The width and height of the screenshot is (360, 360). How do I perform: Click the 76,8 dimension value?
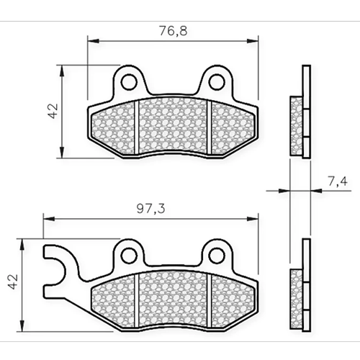click(x=174, y=32)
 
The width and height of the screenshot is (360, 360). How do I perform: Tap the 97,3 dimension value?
click(x=151, y=209)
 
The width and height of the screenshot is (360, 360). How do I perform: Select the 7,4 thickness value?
click(x=338, y=181)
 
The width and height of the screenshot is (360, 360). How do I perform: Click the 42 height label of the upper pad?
click(x=53, y=111)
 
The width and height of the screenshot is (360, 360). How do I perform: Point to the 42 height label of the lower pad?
click(x=13, y=282)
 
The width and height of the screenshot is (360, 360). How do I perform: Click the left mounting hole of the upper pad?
click(x=130, y=82)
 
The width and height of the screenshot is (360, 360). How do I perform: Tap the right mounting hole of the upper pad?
click(x=217, y=82)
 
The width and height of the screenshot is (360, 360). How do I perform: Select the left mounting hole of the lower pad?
click(x=130, y=256)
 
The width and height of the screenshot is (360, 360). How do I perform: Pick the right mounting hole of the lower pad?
click(x=217, y=256)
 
